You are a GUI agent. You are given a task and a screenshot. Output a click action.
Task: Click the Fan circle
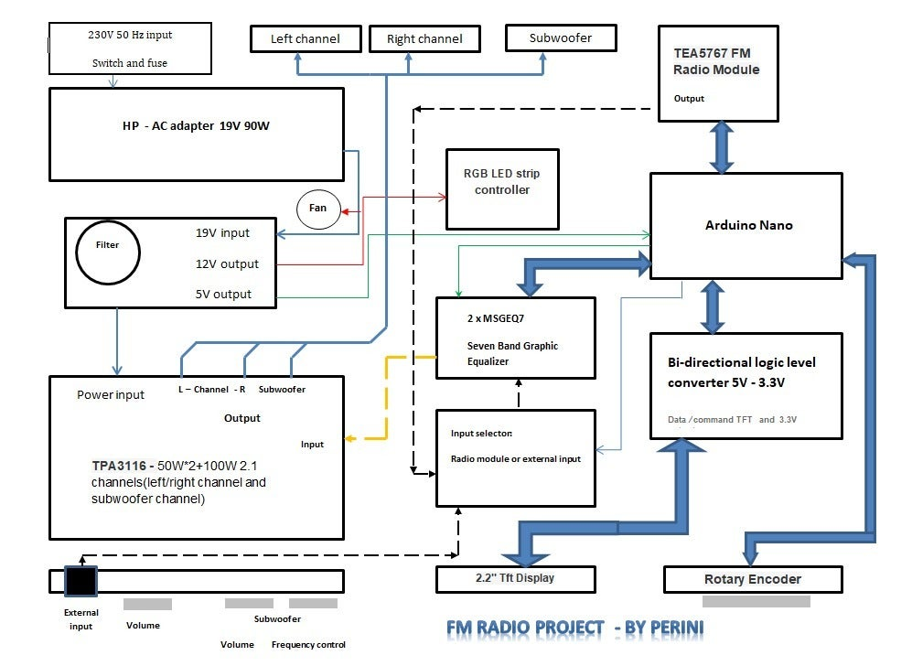click(x=317, y=209)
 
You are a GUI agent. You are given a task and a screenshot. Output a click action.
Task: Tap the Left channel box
click(x=306, y=38)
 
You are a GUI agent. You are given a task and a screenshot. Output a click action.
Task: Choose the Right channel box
click(x=424, y=38)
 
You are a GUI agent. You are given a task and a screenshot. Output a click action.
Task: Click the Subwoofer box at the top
click(x=561, y=38)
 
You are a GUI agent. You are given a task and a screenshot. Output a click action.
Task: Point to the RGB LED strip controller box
click(x=502, y=188)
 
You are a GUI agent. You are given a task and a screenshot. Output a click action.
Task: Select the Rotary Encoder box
click(x=752, y=579)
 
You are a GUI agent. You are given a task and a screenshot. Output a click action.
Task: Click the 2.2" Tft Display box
click(x=515, y=578)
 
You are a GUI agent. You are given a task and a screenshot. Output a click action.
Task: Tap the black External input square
click(x=80, y=581)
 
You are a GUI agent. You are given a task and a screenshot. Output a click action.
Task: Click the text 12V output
click(x=227, y=264)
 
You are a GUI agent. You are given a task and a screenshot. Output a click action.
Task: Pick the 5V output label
click(x=223, y=295)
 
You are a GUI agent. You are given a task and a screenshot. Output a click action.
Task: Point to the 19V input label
click(x=222, y=233)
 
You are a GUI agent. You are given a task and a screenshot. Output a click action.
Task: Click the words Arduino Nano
click(x=749, y=225)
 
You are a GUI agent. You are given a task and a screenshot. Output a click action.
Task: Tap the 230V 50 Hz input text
click(x=130, y=36)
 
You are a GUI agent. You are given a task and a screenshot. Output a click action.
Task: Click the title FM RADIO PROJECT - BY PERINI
click(x=575, y=628)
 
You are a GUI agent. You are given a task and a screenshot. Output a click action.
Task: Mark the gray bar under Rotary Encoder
click(x=768, y=602)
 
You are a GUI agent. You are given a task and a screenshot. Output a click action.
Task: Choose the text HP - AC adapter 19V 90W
click(x=196, y=126)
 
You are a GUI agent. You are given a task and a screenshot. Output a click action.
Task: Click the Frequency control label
click(x=308, y=645)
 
